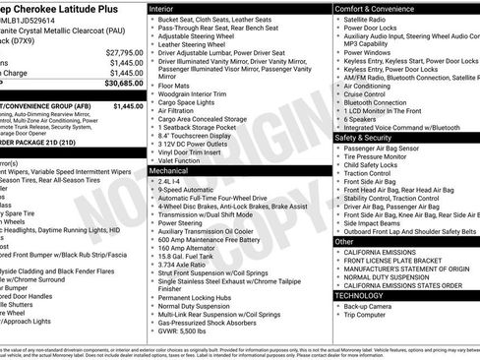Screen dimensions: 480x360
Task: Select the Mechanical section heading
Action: [x=170, y=170]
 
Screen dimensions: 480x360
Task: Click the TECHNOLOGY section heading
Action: [x=361, y=294]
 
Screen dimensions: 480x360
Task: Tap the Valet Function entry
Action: [x=181, y=160]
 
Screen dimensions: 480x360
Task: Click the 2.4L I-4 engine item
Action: [x=168, y=181]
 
